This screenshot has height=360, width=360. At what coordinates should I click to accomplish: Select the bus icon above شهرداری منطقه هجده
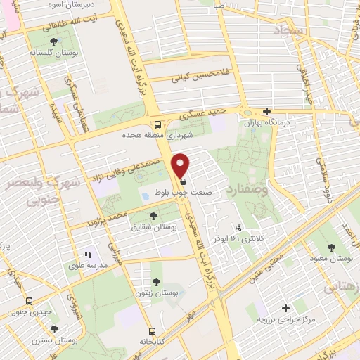[157, 123]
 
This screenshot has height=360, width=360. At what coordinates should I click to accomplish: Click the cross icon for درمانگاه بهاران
[266, 111]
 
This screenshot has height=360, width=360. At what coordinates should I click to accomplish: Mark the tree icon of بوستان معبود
[330, 247]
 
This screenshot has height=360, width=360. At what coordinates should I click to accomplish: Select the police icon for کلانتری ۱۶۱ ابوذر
[239, 228]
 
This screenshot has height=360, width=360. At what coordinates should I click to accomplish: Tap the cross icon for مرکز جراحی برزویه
[285, 308]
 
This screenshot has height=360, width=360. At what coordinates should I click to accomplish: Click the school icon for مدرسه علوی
[89, 255]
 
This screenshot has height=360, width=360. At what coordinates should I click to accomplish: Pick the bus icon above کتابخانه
[152, 330]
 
